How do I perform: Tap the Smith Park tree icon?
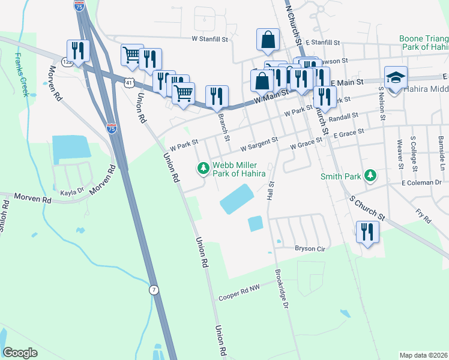371,175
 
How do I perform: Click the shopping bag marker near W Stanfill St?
268,40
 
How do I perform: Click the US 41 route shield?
129,82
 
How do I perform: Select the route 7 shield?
154,290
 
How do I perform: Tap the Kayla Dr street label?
73,193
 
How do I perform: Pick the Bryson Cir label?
309,248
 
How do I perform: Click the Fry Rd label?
423,217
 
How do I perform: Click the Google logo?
20,352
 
